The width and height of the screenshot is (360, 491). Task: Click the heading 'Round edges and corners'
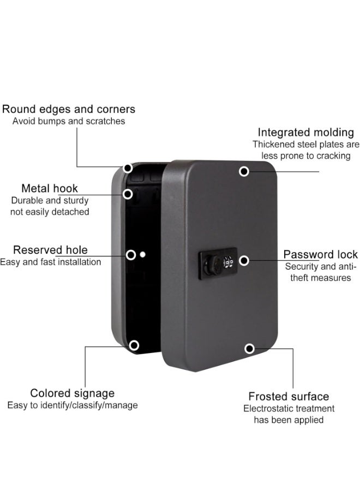click(69, 109)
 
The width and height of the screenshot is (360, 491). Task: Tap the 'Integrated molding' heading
click(306, 133)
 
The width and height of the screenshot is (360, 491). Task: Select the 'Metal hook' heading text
click(50, 188)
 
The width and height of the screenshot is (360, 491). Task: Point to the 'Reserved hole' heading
click(50, 250)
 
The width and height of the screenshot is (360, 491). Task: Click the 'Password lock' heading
click(321, 254)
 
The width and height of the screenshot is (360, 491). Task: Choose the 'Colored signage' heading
click(73, 393)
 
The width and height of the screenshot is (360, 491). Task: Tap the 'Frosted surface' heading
click(289, 397)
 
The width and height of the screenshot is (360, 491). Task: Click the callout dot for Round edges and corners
click(128, 168)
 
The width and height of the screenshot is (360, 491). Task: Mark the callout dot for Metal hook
click(128, 194)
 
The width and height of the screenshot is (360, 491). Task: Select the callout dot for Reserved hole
click(131, 255)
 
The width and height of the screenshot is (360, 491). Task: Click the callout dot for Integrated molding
click(244, 171)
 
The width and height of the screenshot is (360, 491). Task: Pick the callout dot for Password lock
click(244, 261)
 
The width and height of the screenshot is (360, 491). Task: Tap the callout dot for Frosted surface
click(249, 349)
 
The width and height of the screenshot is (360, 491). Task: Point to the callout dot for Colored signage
click(134, 345)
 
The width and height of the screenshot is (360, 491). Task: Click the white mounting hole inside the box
click(143, 254)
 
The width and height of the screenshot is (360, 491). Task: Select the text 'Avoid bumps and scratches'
click(69, 121)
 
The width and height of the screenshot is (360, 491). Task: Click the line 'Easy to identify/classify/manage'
click(73, 405)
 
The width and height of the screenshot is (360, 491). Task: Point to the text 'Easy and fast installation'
click(50, 262)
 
